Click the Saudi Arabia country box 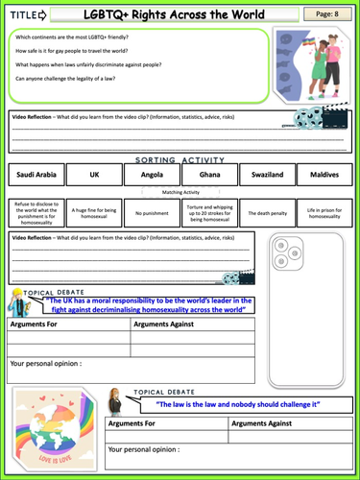(35, 176)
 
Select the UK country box (93, 176)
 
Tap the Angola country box (152, 176)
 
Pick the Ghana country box (210, 176)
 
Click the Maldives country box (326, 176)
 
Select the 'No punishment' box (152, 213)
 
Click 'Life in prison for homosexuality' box (326, 213)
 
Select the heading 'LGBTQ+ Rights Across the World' (179, 13)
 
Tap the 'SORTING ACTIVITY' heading (180, 159)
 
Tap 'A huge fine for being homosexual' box (93, 213)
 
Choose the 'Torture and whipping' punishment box (210, 213)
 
